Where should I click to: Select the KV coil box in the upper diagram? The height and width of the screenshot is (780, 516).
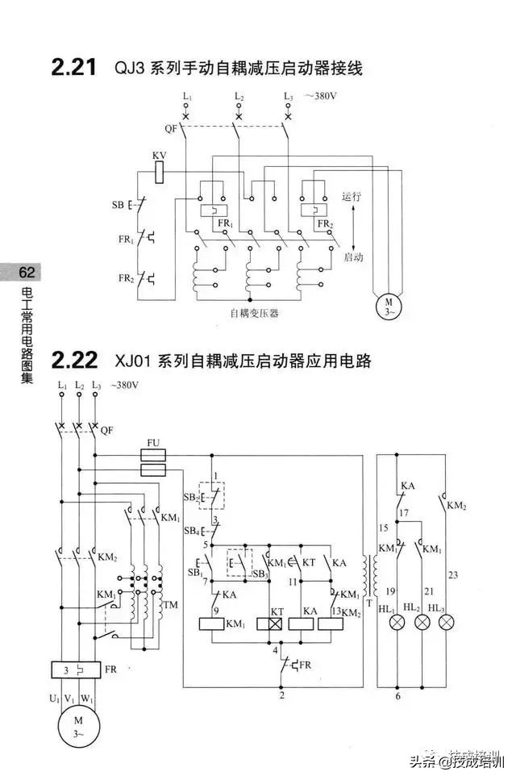[x=159, y=170]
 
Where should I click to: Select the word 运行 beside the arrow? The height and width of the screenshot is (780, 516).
[x=352, y=196]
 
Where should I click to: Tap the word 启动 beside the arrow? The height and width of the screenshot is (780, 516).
[x=354, y=257]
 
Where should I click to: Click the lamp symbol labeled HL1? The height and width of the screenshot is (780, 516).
[x=397, y=623]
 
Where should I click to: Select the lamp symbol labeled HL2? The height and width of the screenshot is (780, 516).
[x=421, y=623]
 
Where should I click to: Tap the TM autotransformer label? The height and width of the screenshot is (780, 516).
[x=170, y=605]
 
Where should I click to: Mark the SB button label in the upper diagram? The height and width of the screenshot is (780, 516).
[x=118, y=205]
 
